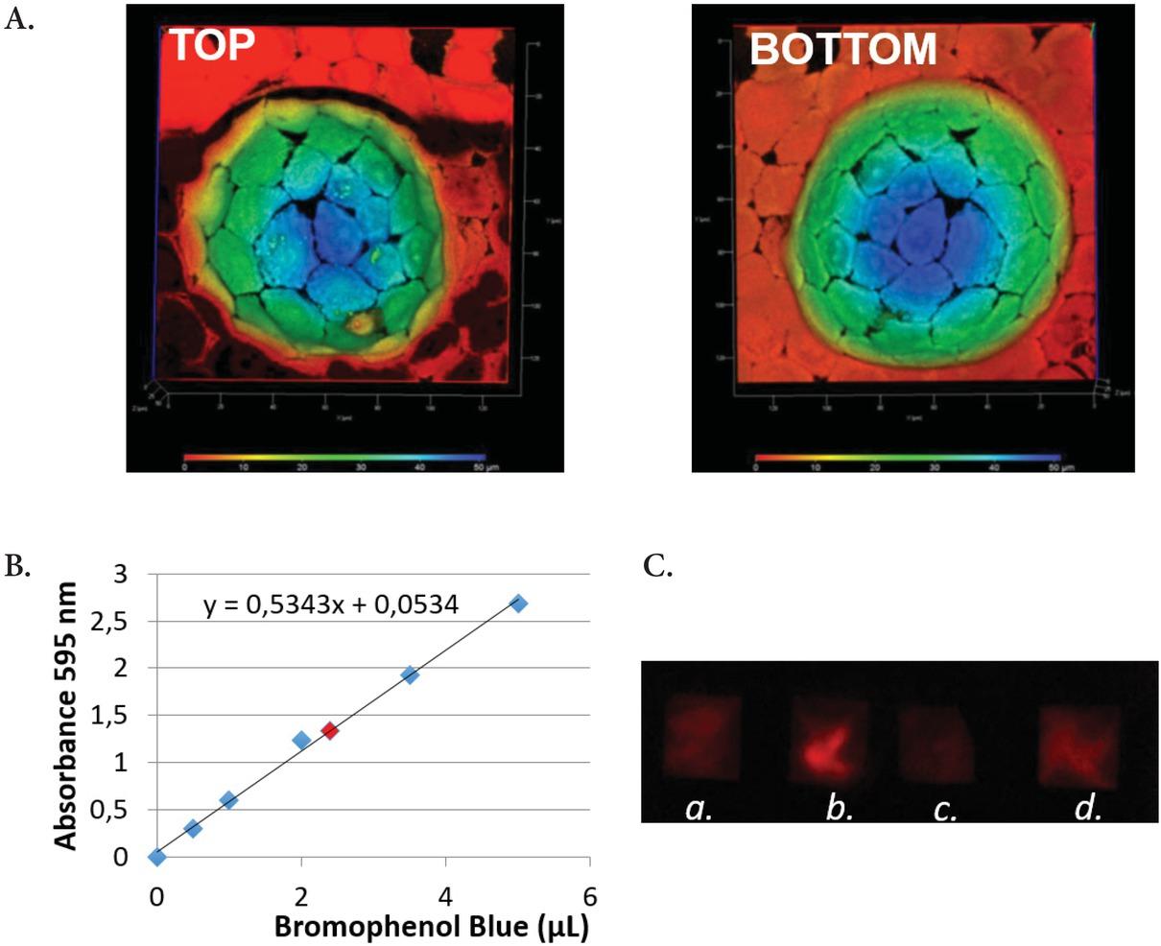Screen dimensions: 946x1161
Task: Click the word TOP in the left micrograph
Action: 212,44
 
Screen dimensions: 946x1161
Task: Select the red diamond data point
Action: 330,730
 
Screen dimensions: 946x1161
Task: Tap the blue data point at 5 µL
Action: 518,603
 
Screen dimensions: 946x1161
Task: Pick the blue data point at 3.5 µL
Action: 410,674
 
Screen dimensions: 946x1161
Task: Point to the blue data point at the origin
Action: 157,857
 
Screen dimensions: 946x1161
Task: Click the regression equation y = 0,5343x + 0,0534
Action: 331,604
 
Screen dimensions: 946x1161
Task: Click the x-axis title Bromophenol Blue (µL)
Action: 431,927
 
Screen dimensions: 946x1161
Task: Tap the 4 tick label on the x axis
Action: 446,896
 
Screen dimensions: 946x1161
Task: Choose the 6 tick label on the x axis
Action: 590,896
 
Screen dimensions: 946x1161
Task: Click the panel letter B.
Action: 18,566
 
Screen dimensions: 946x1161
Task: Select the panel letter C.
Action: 658,566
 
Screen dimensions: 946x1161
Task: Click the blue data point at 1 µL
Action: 228,800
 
